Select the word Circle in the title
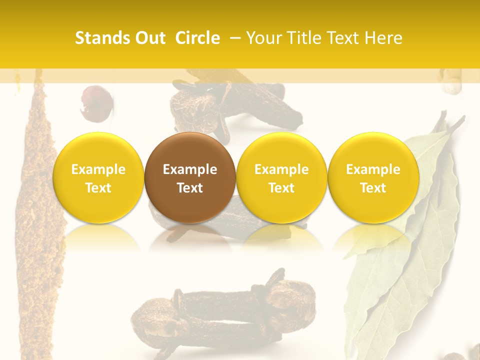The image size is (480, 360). coord(197,38)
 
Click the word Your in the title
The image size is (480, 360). coord(262,38)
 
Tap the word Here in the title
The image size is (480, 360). coord(383,38)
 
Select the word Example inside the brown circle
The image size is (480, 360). coord(190,169)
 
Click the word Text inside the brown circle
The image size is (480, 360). coord(190,188)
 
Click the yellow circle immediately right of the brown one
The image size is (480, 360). coord(281,177)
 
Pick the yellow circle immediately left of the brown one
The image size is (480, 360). coord(98,177)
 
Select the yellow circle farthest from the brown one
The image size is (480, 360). coord(373,177)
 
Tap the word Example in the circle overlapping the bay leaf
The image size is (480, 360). coord(373,169)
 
